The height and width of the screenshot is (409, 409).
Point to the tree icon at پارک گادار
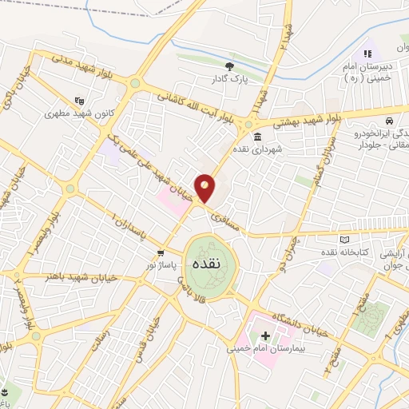click(230, 66)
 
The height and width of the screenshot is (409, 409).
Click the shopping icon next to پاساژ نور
click(160, 252)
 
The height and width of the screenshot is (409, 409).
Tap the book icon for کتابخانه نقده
click(344, 239)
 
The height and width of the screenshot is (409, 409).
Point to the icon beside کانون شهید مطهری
click(78, 101)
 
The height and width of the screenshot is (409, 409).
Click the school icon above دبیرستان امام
click(367, 54)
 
